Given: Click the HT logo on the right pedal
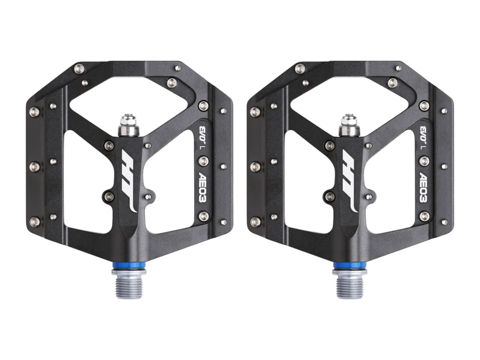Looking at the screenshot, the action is (x=350, y=180).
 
